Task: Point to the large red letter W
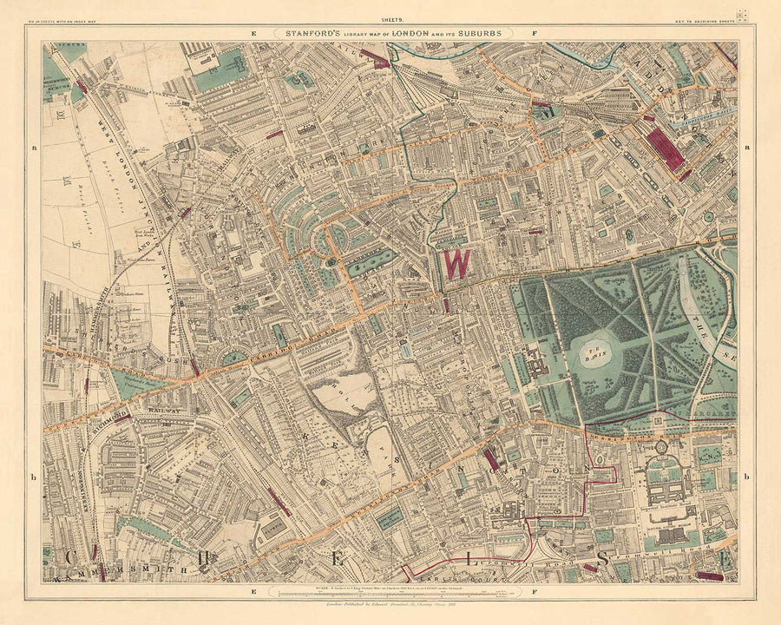[x=453, y=264]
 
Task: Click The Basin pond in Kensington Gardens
[x=597, y=349]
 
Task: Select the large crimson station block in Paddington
[x=666, y=148]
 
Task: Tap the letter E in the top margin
[x=253, y=34]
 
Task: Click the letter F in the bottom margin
[x=535, y=591]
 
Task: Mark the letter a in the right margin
[x=745, y=148]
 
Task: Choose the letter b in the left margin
[x=33, y=477]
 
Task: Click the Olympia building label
[x=272, y=525]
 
